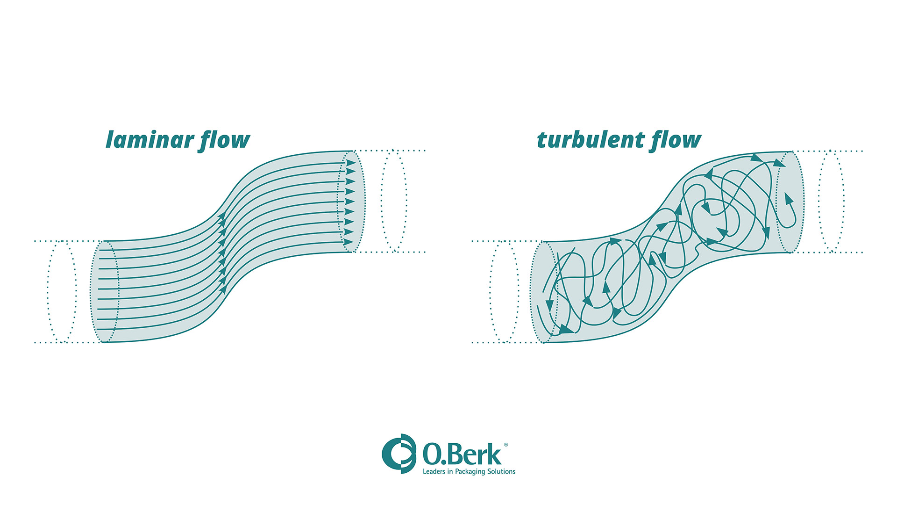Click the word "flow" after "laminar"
click(x=225, y=140)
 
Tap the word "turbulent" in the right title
click(x=590, y=140)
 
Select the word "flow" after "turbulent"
click(x=676, y=140)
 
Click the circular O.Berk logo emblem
click(x=399, y=453)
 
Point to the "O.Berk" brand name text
click(x=462, y=454)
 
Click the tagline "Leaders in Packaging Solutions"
click(x=469, y=471)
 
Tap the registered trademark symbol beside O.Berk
click(x=505, y=445)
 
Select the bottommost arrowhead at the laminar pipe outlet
click(x=349, y=242)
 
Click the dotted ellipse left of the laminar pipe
click(x=62, y=291)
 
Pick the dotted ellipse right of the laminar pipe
click(x=394, y=201)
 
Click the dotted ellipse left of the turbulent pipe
click(x=504, y=291)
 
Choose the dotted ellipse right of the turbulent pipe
click(x=831, y=202)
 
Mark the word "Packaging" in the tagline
click(x=470, y=472)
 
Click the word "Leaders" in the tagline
click(x=434, y=471)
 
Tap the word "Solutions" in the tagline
click(x=501, y=471)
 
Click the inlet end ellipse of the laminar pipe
click(x=105, y=291)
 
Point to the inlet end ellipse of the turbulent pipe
click(x=544, y=292)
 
